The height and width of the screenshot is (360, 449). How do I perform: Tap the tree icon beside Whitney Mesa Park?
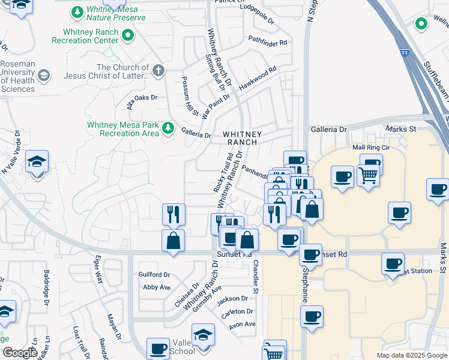coord(169,128)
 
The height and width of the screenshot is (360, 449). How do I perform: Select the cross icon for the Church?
coord(158,71)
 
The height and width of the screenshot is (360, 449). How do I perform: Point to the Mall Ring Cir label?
coord(371,147)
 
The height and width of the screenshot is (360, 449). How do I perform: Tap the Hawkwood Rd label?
coord(258,78)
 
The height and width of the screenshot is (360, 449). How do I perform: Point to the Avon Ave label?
coord(242,325)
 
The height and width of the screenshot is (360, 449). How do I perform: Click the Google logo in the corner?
coord(20,353)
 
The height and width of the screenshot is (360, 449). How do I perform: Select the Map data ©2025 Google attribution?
coord(411,355)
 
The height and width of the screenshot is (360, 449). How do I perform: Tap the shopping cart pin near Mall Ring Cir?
coord(368,175)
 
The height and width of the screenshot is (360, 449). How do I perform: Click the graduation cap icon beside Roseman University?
coord(43,75)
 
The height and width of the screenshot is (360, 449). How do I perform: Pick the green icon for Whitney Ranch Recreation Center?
coord(127,36)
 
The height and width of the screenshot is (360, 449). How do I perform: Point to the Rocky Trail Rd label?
coord(223,173)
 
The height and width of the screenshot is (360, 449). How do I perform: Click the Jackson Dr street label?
coord(233,298)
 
